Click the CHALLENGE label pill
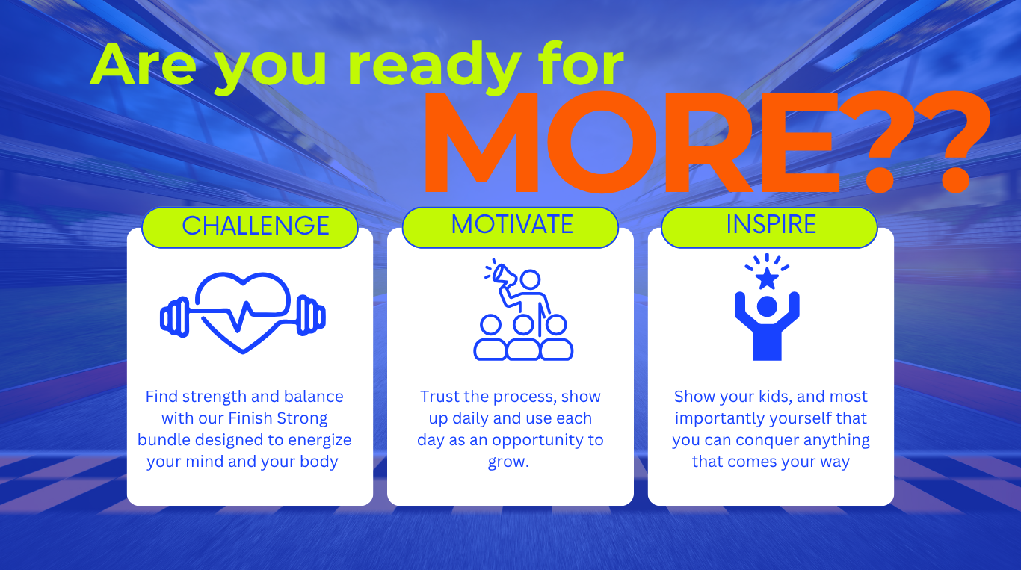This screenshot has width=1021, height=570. pos(250,227)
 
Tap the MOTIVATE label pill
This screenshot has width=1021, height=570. pos(510,227)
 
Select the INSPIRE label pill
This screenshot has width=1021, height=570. pos(769,227)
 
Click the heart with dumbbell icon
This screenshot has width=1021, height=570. pos(243,312)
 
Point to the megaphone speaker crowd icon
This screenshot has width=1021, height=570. pos(523,310)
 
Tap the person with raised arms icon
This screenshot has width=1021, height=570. pos(767,326)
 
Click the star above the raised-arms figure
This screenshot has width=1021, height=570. pos(767,279)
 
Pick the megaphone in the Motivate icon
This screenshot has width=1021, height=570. pos(504,275)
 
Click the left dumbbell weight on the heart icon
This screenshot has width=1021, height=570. pos(175,317)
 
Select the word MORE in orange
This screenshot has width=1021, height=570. pos(632,143)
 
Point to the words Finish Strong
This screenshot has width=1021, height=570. pos(277,418)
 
